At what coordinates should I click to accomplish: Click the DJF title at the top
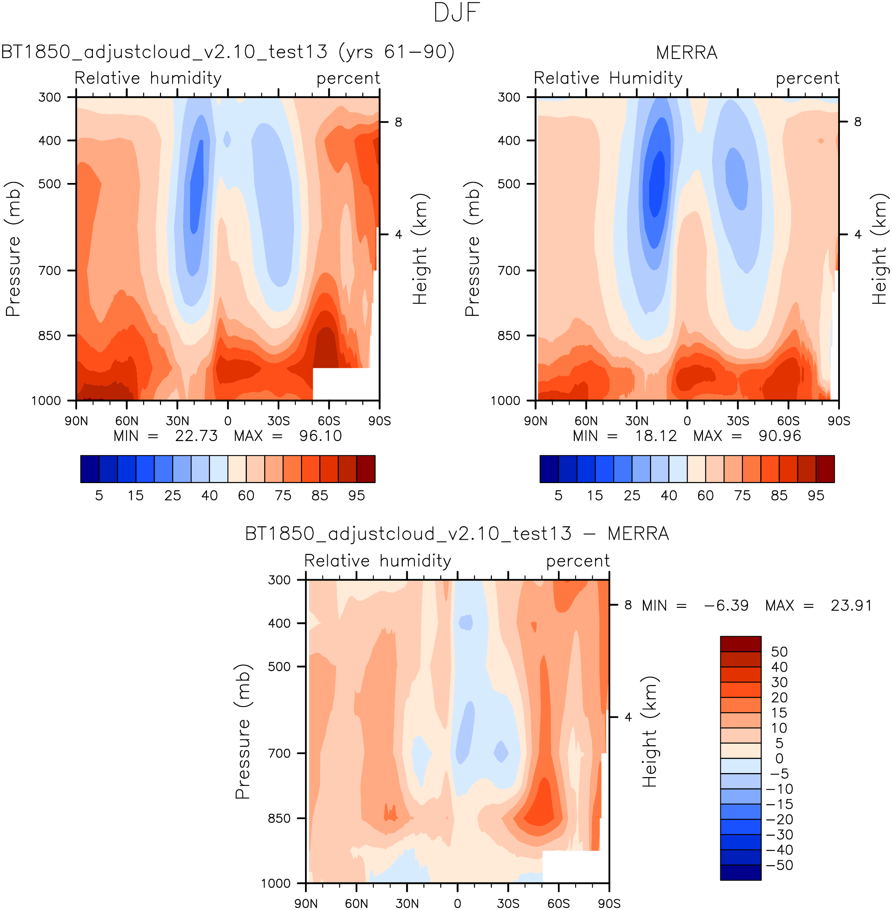click(x=457, y=13)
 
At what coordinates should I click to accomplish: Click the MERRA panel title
click(x=686, y=53)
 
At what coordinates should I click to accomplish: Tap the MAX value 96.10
click(x=320, y=436)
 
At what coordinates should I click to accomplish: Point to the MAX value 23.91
click(x=851, y=605)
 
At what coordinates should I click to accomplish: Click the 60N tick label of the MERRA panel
click(x=586, y=420)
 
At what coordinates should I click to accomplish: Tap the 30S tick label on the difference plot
click(x=508, y=904)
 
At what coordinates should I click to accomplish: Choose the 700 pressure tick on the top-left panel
click(x=50, y=270)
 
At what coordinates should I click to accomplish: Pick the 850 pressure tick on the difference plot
click(x=279, y=818)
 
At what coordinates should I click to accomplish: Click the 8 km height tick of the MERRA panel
click(x=857, y=122)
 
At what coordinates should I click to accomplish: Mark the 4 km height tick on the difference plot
click(x=628, y=717)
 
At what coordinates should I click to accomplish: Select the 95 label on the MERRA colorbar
click(x=816, y=496)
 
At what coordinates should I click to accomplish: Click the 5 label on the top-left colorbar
click(x=99, y=496)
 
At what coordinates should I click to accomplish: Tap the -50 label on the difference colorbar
click(x=780, y=865)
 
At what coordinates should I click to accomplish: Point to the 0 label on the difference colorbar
click(x=779, y=758)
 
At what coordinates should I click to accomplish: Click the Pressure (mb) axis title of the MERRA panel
click(x=473, y=249)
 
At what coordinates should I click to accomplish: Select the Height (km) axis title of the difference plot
click(x=649, y=731)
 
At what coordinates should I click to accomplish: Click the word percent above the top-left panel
click(x=348, y=79)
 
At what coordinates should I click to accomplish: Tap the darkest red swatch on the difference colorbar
click(x=740, y=643)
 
